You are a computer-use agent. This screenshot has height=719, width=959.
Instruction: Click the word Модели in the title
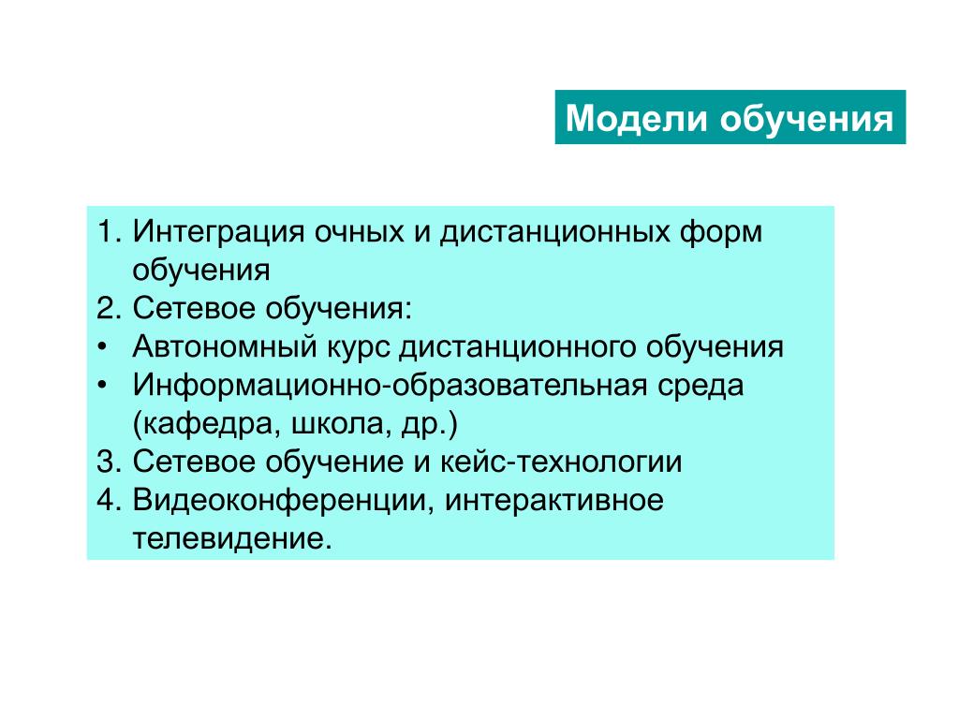[x=636, y=119]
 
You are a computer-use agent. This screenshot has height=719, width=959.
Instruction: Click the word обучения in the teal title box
[x=806, y=117]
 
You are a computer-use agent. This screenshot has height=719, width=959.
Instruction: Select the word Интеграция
[x=218, y=233]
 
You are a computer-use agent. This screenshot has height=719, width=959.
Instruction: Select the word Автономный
[x=225, y=346]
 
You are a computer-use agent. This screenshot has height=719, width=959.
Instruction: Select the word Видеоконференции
[x=283, y=501]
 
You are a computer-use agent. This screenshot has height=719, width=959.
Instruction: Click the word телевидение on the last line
[x=232, y=539]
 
